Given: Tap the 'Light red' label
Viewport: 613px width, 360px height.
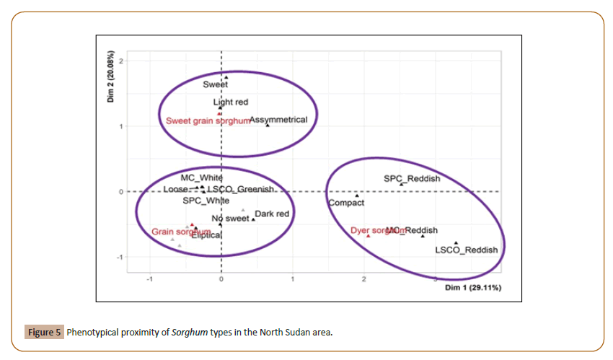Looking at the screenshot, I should coord(231,102).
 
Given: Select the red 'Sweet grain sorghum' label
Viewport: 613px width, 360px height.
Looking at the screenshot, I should coord(208,120).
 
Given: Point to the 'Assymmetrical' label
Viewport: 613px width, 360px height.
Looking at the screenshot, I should coord(278,120).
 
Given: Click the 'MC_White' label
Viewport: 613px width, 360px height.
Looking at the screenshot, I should coord(202,177).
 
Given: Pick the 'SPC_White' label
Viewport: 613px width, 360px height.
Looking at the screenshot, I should coord(206,201).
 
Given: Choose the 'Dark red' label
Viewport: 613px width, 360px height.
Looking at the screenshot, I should coord(272,214).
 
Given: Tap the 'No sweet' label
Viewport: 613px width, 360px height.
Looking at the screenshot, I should coord(230,219).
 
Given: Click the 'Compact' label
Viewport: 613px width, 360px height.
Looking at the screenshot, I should coord(346,203).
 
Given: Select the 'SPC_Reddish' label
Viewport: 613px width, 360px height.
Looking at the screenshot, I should coord(412,178).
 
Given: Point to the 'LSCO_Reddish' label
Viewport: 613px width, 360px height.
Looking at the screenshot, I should coord(466,250).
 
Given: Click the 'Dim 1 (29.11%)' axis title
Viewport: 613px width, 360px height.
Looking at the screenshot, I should coord(473,288).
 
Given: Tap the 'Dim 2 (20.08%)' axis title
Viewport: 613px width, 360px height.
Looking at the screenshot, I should coord(111,77).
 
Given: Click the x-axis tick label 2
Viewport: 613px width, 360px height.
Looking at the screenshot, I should coord(363,278).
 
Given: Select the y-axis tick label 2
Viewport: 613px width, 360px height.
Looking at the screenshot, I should coord(121,61).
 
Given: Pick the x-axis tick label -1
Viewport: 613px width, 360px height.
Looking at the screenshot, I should coord(149,278).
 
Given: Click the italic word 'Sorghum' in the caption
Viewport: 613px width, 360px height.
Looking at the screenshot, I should coord(190,333).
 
